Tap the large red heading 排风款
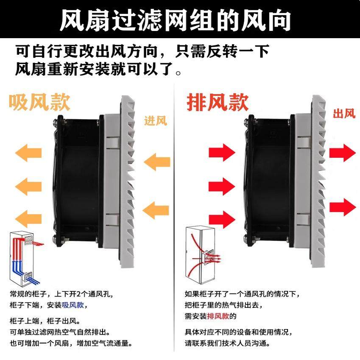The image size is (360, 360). click(217, 102)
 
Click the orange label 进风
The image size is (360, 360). click(156, 121)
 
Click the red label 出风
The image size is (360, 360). click(343, 113)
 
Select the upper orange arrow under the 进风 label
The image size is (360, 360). click(156, 162)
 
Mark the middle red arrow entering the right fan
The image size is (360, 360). click(221, 186)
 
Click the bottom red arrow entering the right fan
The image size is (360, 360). click(221, 218)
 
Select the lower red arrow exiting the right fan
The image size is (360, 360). click(343, 207)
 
